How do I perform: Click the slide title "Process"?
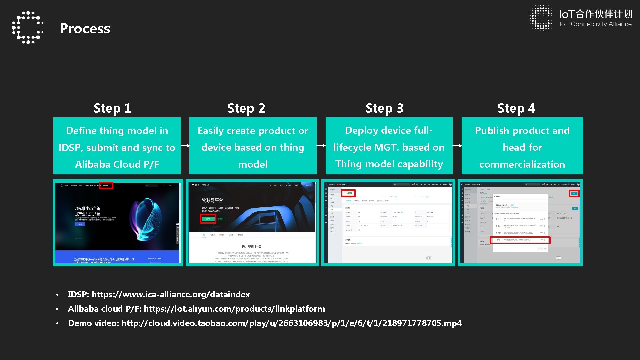[85, 29]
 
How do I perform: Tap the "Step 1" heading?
[112, 108]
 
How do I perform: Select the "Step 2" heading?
[246, 108]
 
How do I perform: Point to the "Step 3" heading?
[384, 108]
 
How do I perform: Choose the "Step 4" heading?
[516, 108]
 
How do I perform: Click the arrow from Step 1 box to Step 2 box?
[185, 146]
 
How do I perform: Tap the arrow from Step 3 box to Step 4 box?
[457, 146]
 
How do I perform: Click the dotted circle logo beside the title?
[28, 27]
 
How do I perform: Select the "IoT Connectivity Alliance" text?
[595, 24]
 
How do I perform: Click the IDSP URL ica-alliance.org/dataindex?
[171, 295]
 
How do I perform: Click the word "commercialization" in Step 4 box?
[522, 164]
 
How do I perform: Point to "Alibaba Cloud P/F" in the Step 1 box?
[117, 164]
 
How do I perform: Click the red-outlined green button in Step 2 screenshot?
[208, 219]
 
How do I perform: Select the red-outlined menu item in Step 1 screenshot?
[106, 186]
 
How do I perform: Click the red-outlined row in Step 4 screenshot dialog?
[520, 240]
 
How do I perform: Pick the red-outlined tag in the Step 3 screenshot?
[348, 193]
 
